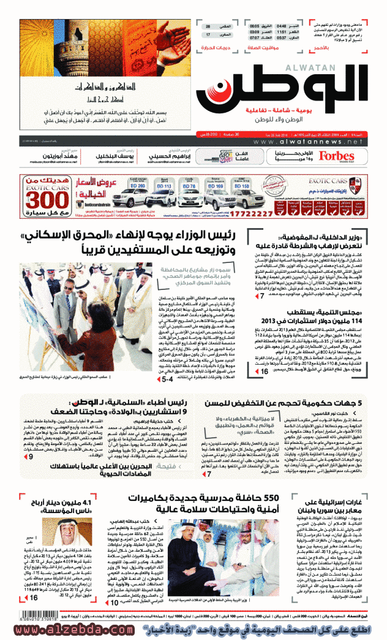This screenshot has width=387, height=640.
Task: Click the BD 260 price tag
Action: click(137, 185)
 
